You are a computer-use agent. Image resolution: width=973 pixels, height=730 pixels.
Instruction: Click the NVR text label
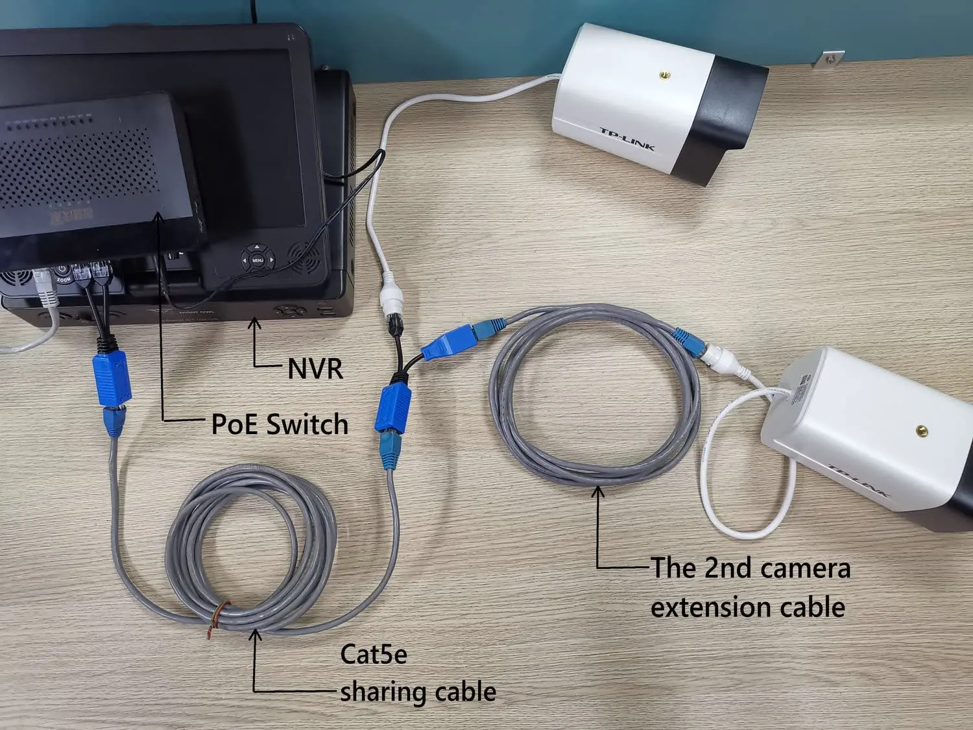(315, 369)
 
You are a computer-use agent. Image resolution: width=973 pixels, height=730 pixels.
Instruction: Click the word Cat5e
(374, 654)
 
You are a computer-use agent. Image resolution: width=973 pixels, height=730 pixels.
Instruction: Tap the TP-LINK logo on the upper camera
(627, 139)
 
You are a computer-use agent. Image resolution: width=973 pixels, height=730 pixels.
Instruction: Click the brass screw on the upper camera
(664, 76)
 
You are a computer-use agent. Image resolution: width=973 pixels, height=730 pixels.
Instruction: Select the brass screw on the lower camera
(921, 430)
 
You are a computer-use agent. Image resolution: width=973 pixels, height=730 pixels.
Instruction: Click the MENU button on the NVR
(258, 260)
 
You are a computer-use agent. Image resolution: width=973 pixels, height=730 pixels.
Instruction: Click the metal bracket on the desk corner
(828, 58)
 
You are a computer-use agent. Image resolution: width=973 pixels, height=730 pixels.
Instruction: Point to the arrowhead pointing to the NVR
(255, 322)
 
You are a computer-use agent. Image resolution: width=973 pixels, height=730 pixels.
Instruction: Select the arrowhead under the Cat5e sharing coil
(256, 635)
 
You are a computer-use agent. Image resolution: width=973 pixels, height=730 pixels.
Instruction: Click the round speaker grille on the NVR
(302, 258)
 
